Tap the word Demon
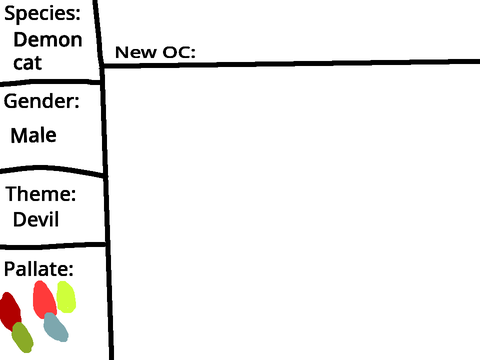point(48,40)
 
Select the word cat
point(28,63)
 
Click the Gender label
point(42,101)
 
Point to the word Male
point(34,135)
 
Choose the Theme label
point(41,194)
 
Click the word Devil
point(36,219)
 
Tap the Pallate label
point(39,269)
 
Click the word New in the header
point(136,52)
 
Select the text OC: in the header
point(179,52)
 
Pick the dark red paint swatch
point(10,311)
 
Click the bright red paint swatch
point(44,300)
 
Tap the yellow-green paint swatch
point(66,297)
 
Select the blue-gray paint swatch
point(56,327)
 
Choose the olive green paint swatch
point(23,337)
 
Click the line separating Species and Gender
point(51,82)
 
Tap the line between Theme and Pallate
point(53,246)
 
